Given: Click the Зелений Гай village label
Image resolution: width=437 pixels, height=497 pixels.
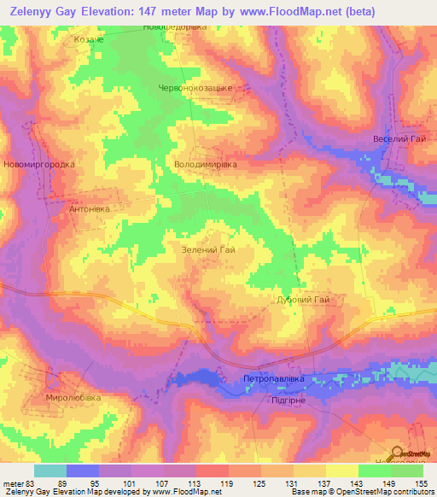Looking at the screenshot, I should pos(208,250).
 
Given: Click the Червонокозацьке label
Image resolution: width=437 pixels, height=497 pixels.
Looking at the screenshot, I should pos(195,88).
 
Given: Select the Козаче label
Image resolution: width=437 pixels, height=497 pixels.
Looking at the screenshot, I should pos(89,39).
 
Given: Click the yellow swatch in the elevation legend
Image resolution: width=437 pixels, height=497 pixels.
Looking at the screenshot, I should pos(342,470).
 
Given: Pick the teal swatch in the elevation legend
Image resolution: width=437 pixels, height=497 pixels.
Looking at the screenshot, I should pos(50,470).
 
